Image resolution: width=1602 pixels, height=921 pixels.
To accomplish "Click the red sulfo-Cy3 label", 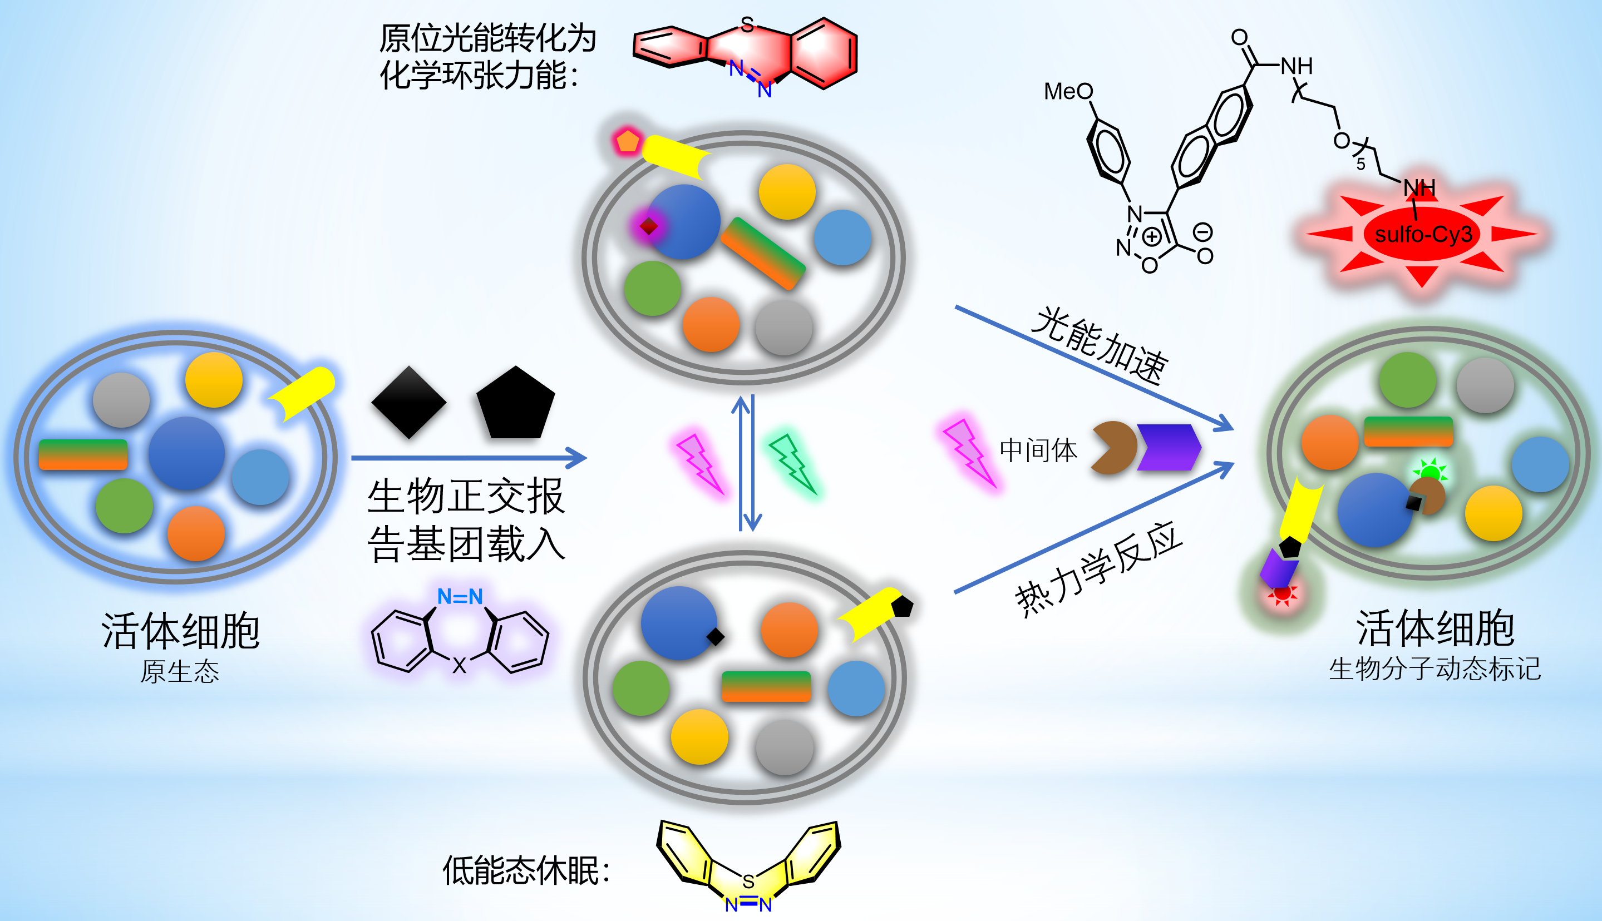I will (1423, 235).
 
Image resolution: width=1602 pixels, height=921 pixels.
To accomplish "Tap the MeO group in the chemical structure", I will (1068, 92).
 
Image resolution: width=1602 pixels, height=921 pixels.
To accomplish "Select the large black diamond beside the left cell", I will (409, 402).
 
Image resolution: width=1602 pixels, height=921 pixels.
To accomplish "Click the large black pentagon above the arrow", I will (516, 404).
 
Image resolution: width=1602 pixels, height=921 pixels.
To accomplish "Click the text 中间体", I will (1038, 450).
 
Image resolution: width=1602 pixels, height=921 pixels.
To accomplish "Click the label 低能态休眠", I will (526, 871).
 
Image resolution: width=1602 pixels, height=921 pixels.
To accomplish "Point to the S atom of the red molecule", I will (747, 24).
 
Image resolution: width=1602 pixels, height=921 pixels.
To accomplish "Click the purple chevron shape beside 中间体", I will (1168, 447).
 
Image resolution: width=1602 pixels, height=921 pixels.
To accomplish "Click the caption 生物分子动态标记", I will (1435, 669).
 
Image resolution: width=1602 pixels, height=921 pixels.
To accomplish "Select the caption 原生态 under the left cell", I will (180, 671).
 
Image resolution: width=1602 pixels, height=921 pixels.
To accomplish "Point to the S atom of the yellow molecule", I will (748, 881).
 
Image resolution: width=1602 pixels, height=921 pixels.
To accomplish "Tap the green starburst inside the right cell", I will (1430, 471).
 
